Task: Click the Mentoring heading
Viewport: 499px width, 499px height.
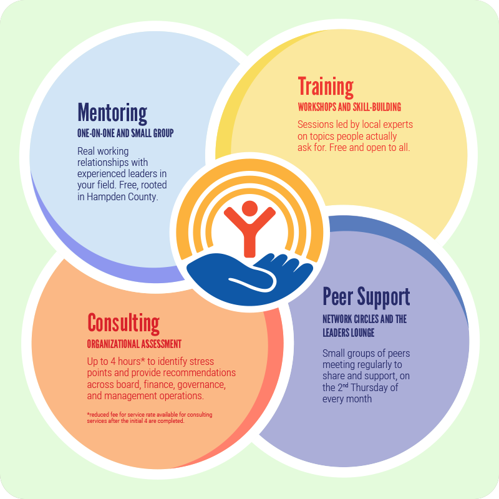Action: tap(112, 114)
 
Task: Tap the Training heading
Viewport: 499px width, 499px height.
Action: tap(326, 87)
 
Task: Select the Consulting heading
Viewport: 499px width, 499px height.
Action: tap(124, 324)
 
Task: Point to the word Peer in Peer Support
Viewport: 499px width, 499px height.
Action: tap(337, 297)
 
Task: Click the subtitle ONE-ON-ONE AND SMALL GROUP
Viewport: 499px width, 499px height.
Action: tap(125, 133)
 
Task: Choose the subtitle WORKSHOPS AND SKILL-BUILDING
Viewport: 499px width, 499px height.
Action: tap(349, 107)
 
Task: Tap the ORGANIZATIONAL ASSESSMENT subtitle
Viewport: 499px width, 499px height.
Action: tap(134, 344)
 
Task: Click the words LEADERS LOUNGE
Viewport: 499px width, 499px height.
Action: tap(349, 333)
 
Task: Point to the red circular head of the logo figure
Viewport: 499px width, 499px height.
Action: tap(249, 209)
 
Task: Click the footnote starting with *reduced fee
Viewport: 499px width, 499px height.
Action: tap(150, 417)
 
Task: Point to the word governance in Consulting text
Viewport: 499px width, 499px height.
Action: tap(201, 385)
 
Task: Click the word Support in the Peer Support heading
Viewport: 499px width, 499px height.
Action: tap(384, 298)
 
